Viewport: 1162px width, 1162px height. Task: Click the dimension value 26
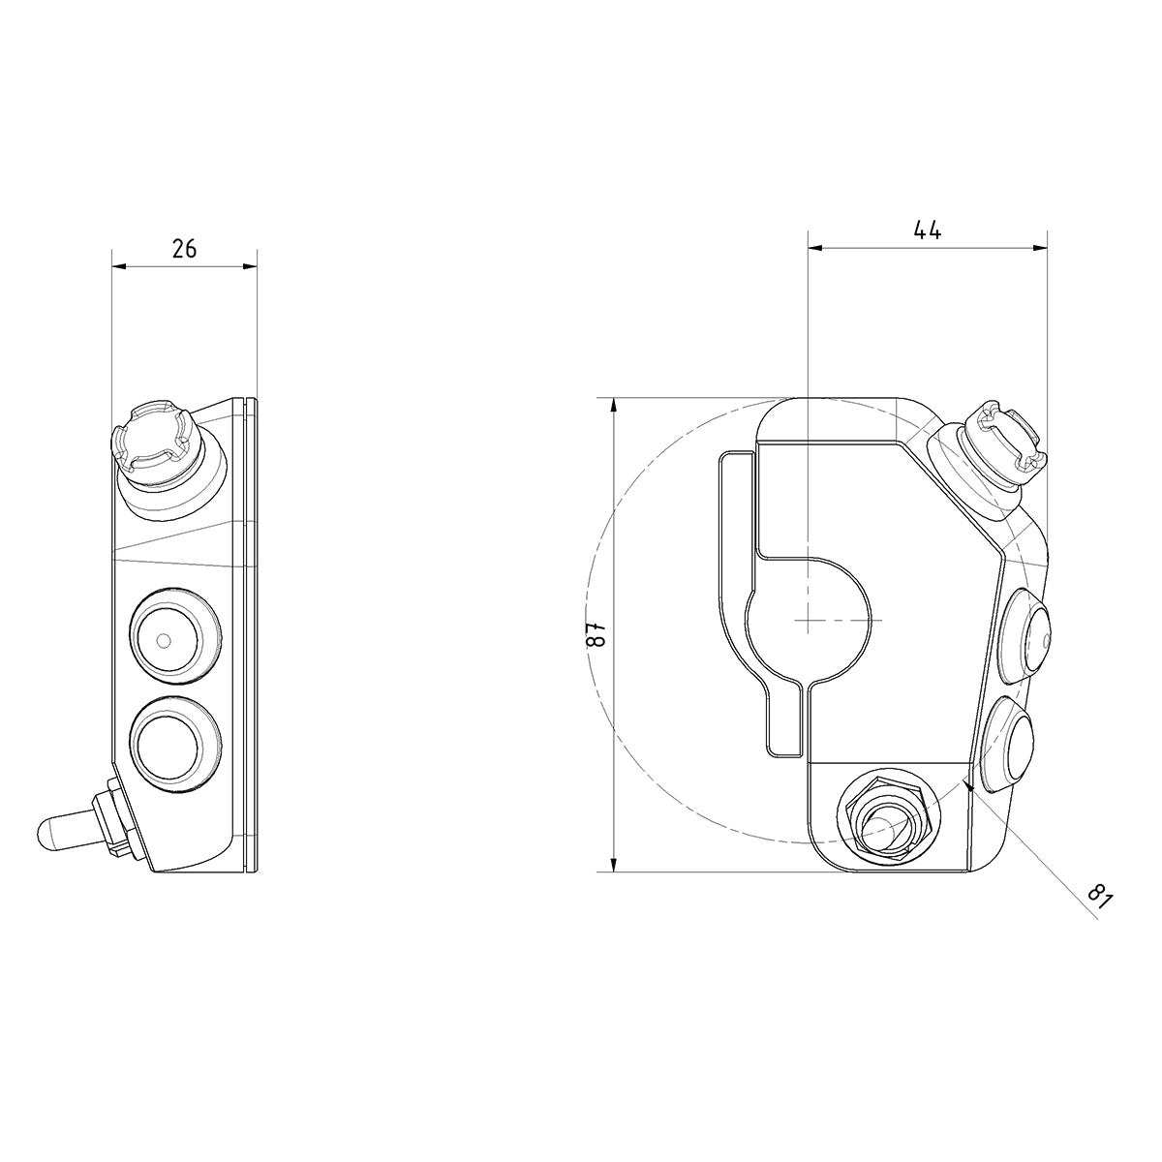click(x=184, y=249)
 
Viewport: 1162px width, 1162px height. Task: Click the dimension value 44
click(x=927, y=230)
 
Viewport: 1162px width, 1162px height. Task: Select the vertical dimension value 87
click(x=597, y=634)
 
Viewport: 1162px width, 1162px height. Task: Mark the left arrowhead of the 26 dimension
click(x=117, y=266)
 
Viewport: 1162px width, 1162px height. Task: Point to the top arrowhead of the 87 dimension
click(x=614, y=405)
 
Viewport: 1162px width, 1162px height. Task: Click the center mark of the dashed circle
click(x=808, y=619)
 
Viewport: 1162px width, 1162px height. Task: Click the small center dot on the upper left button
click(x=163, y=640)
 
